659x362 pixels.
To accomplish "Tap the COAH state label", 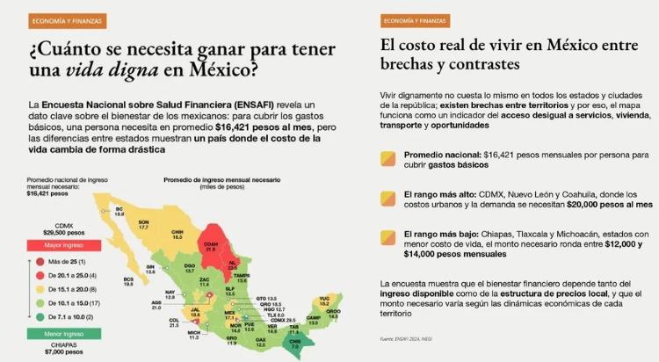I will tap(210, 246).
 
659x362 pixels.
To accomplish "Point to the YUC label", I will tap(324, 300).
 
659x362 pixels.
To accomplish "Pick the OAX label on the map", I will tap(260, 338).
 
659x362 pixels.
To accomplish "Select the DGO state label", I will tap(189, 265).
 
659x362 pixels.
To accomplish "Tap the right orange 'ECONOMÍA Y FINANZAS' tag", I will tap(416, 19).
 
